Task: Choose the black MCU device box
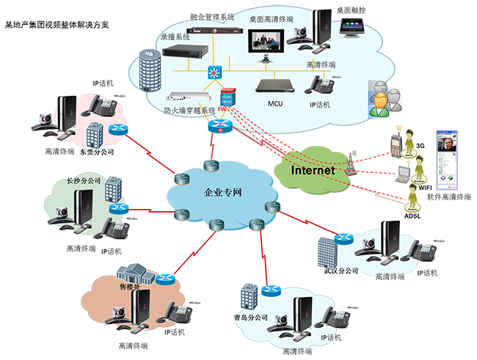point(274,85)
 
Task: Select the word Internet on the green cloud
point(313,170)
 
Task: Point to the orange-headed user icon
point(380,97)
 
